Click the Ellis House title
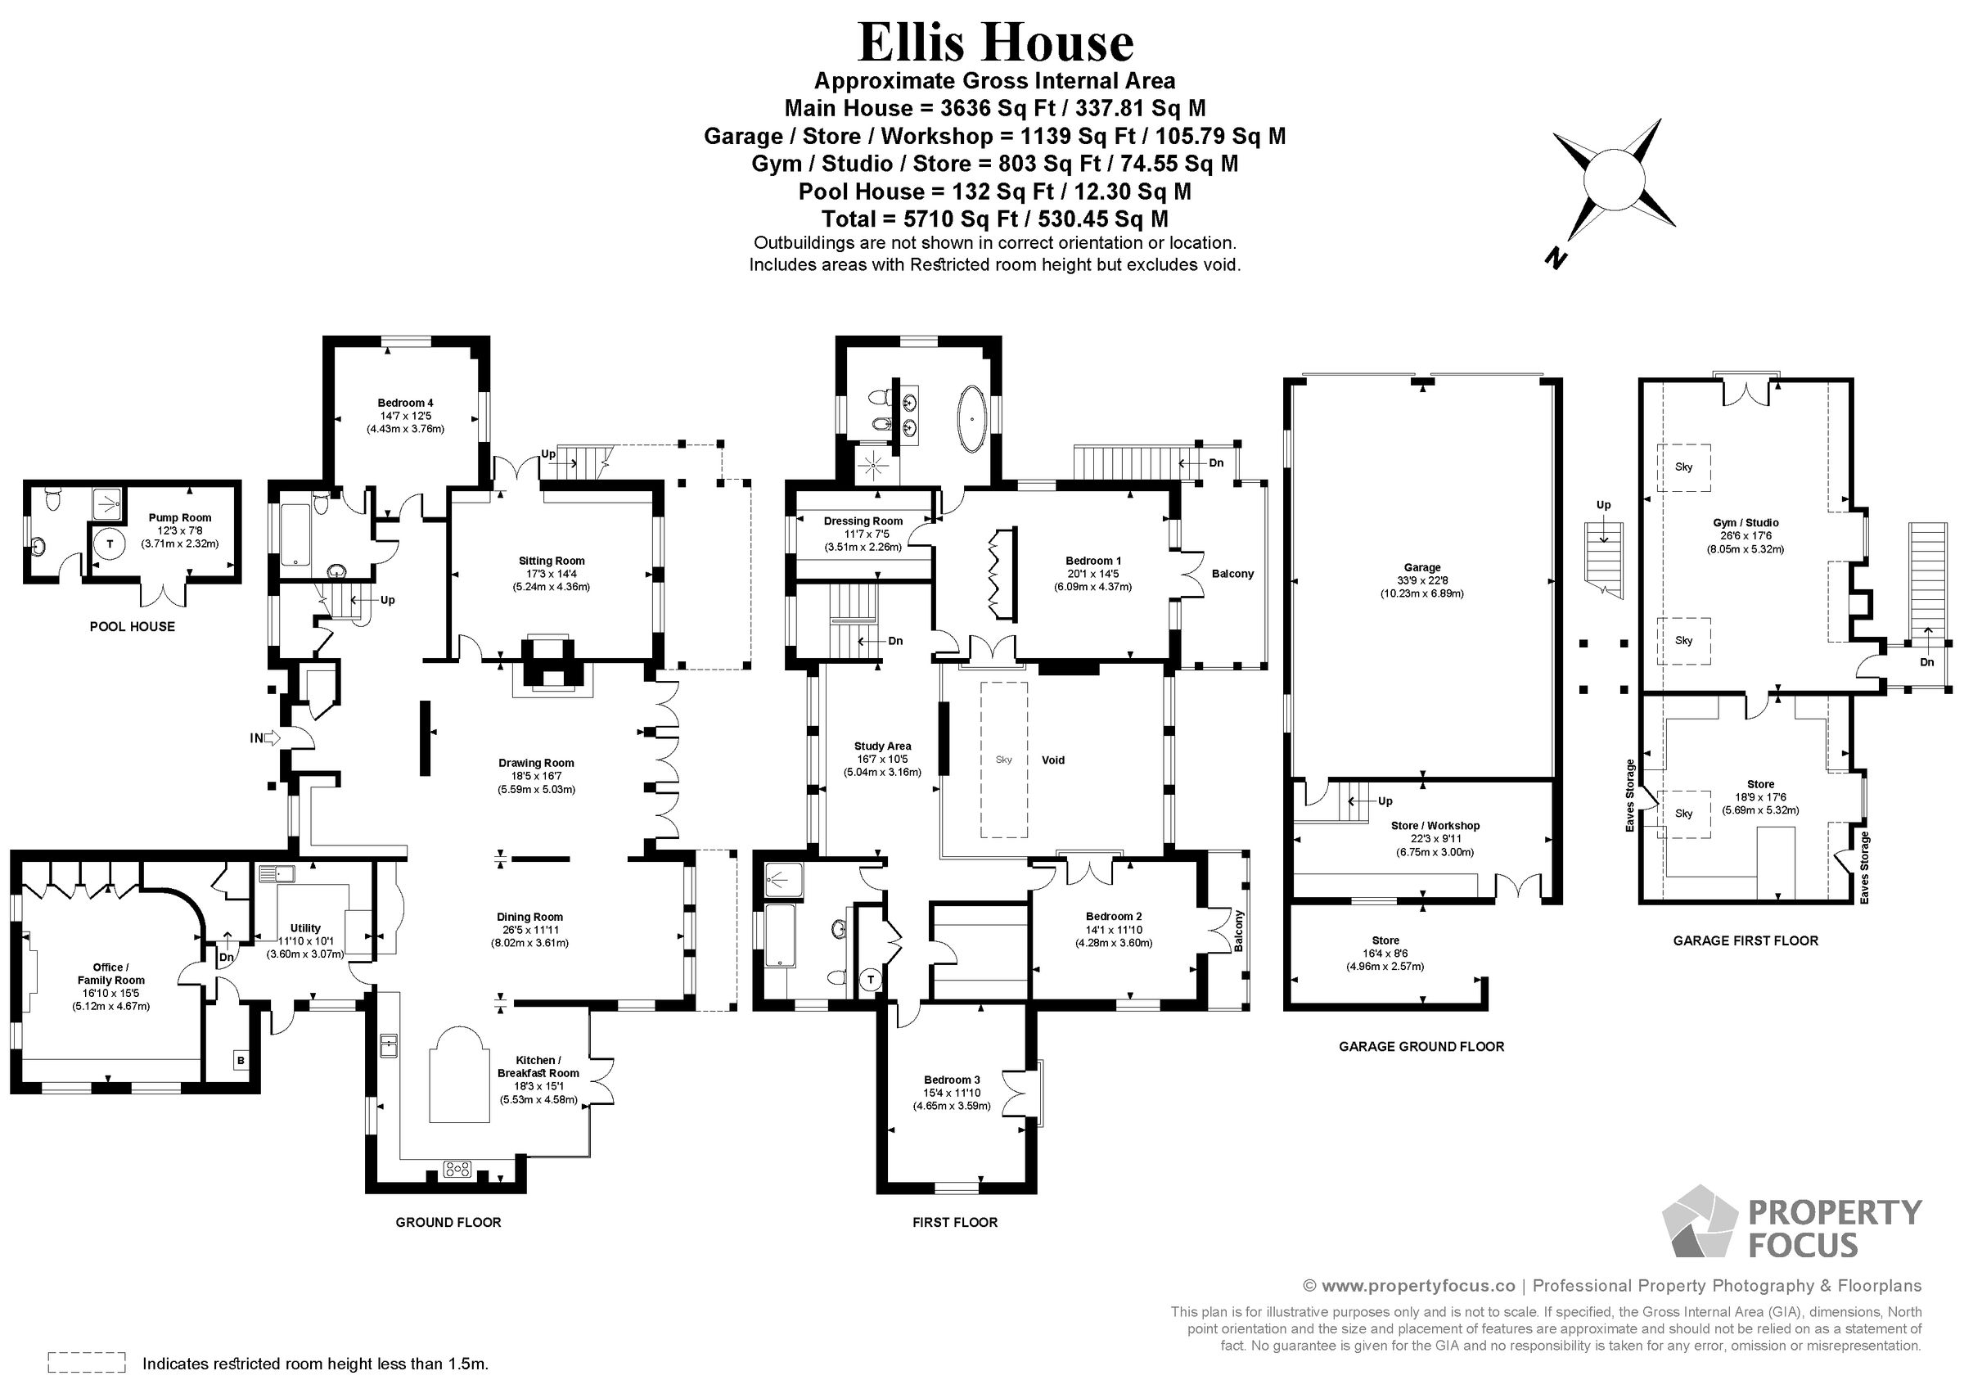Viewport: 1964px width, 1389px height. (x=995, y=43)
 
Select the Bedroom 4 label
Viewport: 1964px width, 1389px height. (x=405, y=402)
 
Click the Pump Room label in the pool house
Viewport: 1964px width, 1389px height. (x=180, y=518)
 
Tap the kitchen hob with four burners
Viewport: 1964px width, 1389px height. (x=457, y=1168)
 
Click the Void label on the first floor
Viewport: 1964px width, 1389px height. (x=1053, y=760)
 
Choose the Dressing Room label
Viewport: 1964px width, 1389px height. (x=863, y=521)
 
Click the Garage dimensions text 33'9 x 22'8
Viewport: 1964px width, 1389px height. (x=1421, y=580)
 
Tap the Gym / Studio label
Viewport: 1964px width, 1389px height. (x=1746, y=523)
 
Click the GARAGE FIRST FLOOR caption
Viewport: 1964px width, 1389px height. (x=1745, y=940)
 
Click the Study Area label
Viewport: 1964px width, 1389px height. (x=883, y=746)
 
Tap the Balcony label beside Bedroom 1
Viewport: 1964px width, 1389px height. (x=1232, y=574)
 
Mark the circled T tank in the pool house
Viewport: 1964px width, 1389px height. (x=110, y=543)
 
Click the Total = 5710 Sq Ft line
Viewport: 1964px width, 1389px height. (x=995, y=219)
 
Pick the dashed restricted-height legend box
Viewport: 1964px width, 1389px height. (x=87, y=1363)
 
